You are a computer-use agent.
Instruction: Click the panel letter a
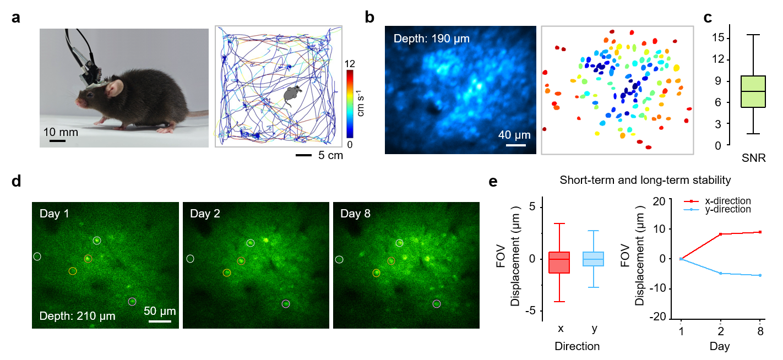click(x=17, y=17)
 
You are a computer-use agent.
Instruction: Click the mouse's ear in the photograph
click(x=115, y=87)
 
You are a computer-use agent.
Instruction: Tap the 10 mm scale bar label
click(x=61, y=132)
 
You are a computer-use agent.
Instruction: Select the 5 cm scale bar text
click(x=330, y=155)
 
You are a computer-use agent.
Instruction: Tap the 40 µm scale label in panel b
click(x=515, y=135)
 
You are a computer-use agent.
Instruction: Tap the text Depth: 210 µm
click(x=77, y=316)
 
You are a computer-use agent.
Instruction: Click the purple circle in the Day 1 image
click(x=132, y=301)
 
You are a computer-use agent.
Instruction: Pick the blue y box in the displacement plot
click(x=594, y=259)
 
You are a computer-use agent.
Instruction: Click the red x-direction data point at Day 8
click(x=760, y=232)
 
